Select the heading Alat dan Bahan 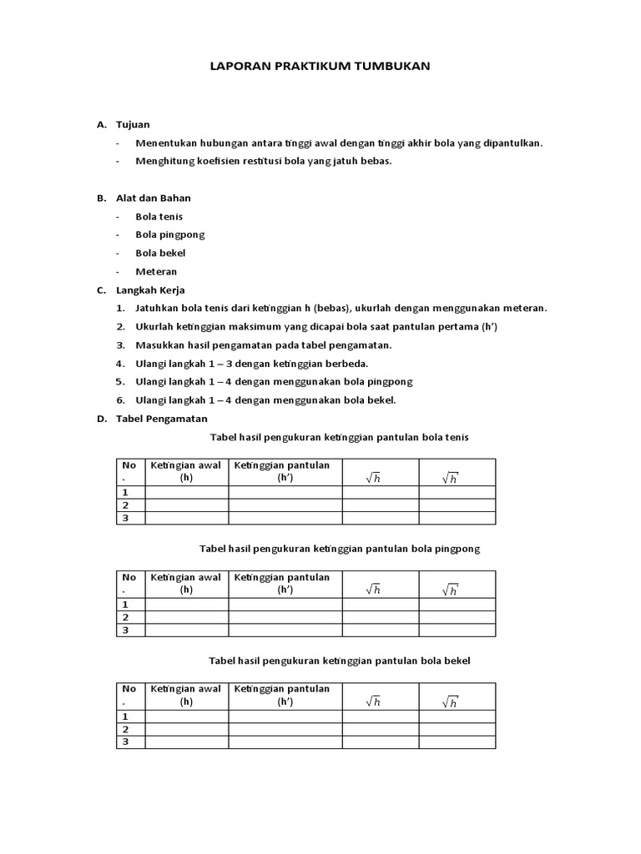[154, 198]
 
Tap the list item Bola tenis [159, 216]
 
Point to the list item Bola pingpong [169, 234]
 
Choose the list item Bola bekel [160, 253]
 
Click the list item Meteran [156, 271]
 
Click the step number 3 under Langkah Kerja [120, 344]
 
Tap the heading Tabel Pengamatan [163, 419]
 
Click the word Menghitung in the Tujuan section [165, 161]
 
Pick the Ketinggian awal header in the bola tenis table [186, 471]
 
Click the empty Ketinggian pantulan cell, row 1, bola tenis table [285, 493]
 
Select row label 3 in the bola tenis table [125, 518]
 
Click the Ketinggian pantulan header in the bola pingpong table [282, 583]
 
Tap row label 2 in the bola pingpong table [125, 617]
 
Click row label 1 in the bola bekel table [125, 716]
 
